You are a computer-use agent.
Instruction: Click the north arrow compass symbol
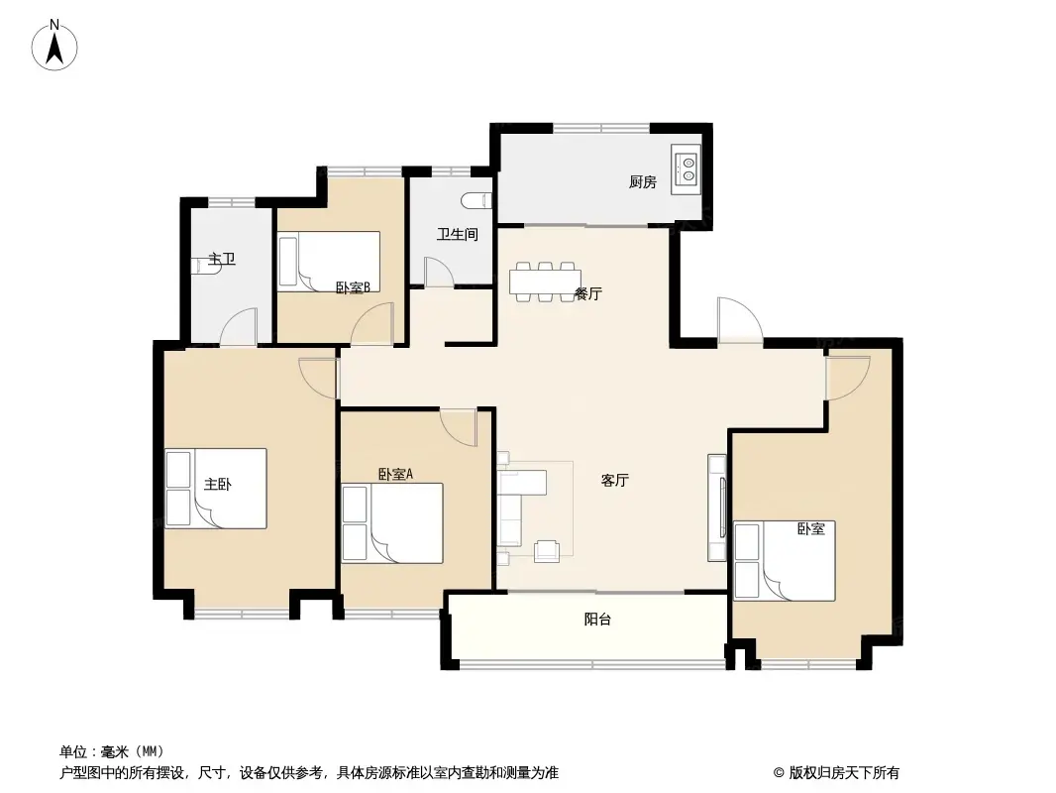click(x=54, y=46)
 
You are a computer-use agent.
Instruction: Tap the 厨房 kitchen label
click(x=643, y=182)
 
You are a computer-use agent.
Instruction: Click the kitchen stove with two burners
click(x=686, y=170)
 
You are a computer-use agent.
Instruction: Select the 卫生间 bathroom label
click(x=458, y=235)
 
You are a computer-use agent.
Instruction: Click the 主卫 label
click(x=222, y=259)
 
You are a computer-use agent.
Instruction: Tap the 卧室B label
click(x=354, y=287)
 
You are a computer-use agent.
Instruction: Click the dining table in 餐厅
click(x=545, y=282)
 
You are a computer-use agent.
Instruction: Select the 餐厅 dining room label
click(x=588, y=293)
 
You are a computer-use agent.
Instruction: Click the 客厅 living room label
click(x=615, y=481)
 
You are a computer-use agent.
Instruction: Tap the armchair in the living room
click(x=547, y=551)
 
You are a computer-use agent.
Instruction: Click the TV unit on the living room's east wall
click(x=717, y=508)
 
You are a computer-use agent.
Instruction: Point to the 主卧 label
click(x=218, y=485)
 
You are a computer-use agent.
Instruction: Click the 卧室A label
click(x=395, y=475)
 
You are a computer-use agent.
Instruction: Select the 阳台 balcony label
click(x=597, y=620)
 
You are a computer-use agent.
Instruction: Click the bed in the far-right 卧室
click(x=785, y=561)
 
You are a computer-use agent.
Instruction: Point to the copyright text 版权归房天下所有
click(x=844, y=773)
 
